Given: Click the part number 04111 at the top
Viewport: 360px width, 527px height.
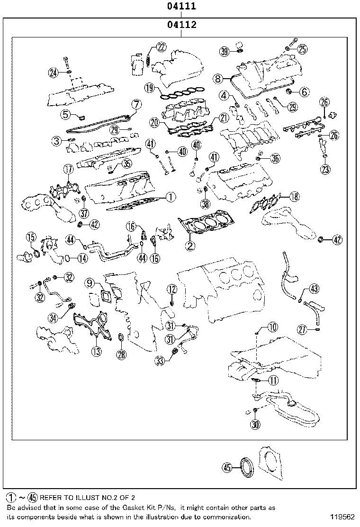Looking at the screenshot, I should click(181, 7).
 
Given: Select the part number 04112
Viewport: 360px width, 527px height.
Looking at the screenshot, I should click(181, 25).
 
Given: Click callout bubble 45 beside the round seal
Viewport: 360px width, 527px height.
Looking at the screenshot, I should click(228, 468).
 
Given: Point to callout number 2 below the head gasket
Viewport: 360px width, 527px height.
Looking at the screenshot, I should click(190, 245).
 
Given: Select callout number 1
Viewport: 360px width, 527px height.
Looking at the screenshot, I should click(171, 196).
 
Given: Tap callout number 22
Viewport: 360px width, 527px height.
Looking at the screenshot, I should click(162, 47).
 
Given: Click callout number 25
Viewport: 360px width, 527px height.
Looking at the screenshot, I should click(302, 48).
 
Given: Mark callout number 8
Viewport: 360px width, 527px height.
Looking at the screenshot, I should click(217, 78).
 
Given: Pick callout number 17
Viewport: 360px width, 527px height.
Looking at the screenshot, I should click(69, 169).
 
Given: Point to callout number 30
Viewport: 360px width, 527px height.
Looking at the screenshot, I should click(255, 424).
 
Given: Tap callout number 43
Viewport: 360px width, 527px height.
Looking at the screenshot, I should click(315, 289).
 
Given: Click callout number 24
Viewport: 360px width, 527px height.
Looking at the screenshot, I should click(53, 73).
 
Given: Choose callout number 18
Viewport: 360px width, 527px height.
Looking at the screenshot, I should click(294, 197).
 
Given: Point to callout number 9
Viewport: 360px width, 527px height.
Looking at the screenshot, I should click(90, 283).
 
